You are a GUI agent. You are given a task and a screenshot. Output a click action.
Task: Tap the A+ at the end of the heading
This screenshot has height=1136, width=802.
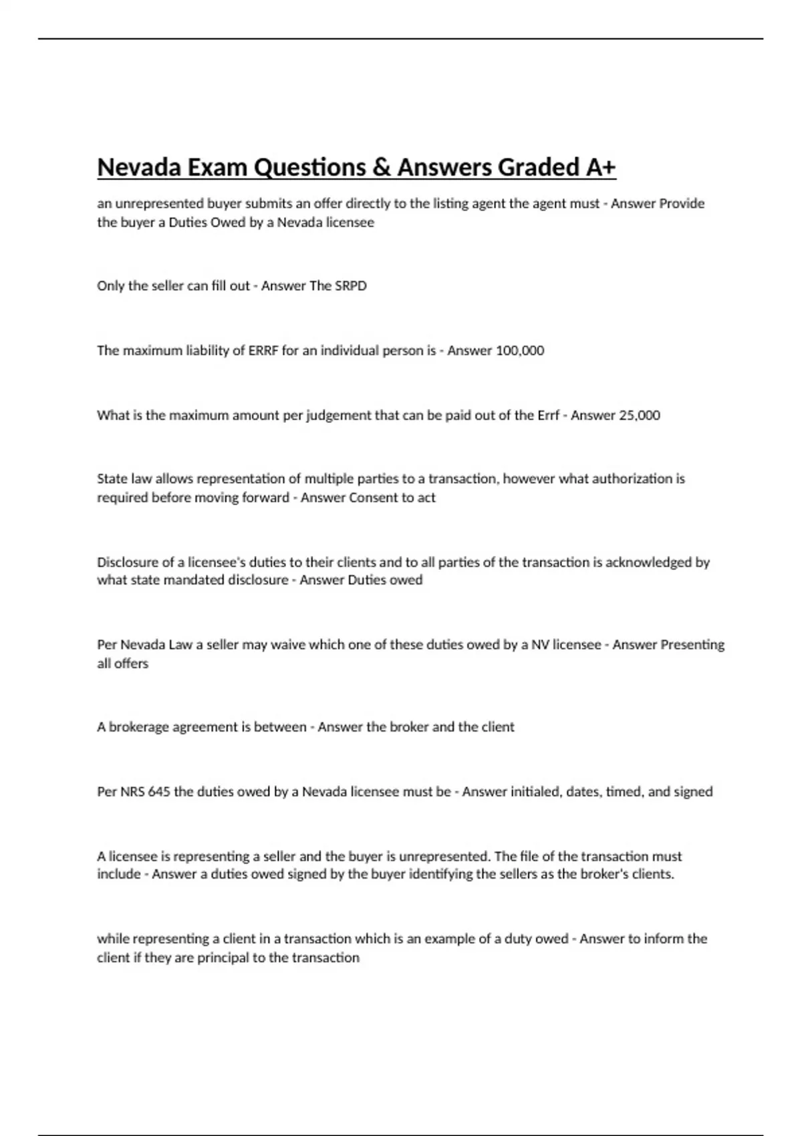tap(600, 167)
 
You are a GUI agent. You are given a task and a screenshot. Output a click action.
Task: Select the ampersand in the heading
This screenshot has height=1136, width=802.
tap(380, 167)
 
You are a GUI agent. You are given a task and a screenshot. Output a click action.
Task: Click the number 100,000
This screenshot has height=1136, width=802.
tap(519, 351)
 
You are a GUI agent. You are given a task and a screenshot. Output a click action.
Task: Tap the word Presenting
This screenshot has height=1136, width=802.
tap(692, 645)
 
